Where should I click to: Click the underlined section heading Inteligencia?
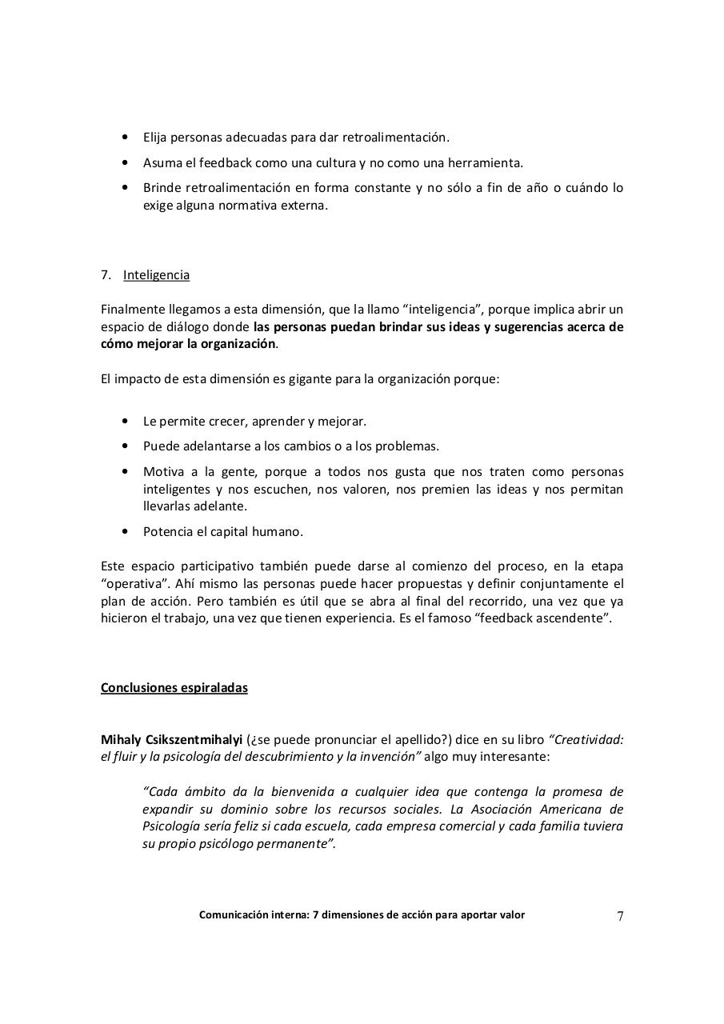(156, 275)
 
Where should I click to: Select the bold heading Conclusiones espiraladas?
(174, 688)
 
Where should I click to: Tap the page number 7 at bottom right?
(619, 917)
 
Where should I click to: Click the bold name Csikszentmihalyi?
(193, 739)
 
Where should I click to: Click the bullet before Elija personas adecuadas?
(125, 138)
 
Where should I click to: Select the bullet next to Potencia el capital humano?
(125, 531)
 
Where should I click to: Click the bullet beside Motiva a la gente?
(125, 472)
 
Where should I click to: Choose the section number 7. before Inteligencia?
(106, 275)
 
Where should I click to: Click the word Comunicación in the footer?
(234, 915)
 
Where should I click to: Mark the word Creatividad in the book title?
(588, 739)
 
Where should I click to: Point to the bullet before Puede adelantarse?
(125, 446)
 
